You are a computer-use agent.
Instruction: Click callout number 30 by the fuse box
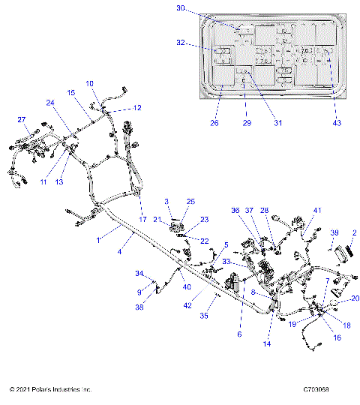click(180, 8)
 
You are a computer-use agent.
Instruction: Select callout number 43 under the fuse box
click(337, 122)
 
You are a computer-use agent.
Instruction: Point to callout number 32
click(180, 43)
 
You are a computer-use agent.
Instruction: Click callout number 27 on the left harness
click(22, 120)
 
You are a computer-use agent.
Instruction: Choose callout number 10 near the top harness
click(89, 83)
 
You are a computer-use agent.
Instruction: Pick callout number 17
click(142, 219)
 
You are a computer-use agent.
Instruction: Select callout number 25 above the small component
click(190, 202)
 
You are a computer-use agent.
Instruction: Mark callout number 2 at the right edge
click(354, 233)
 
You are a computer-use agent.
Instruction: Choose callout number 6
click(240, 334)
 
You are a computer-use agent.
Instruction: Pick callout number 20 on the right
click(355, 298)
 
